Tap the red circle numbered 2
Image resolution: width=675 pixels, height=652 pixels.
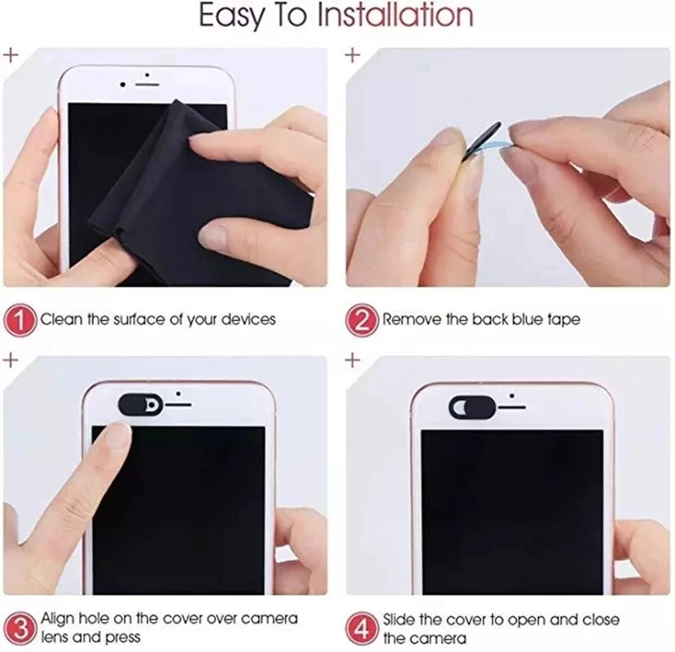[363, 319]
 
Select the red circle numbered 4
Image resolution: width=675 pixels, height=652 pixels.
[363, 628]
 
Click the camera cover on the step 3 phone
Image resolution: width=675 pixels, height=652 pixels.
[141, 403]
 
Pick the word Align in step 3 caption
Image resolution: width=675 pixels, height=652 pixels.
[59, 619]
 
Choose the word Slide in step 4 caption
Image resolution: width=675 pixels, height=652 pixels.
[403, 619]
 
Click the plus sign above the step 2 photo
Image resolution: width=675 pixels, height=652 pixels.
[352, 55]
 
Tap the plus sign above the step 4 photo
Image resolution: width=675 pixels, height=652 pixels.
[352, 359]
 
